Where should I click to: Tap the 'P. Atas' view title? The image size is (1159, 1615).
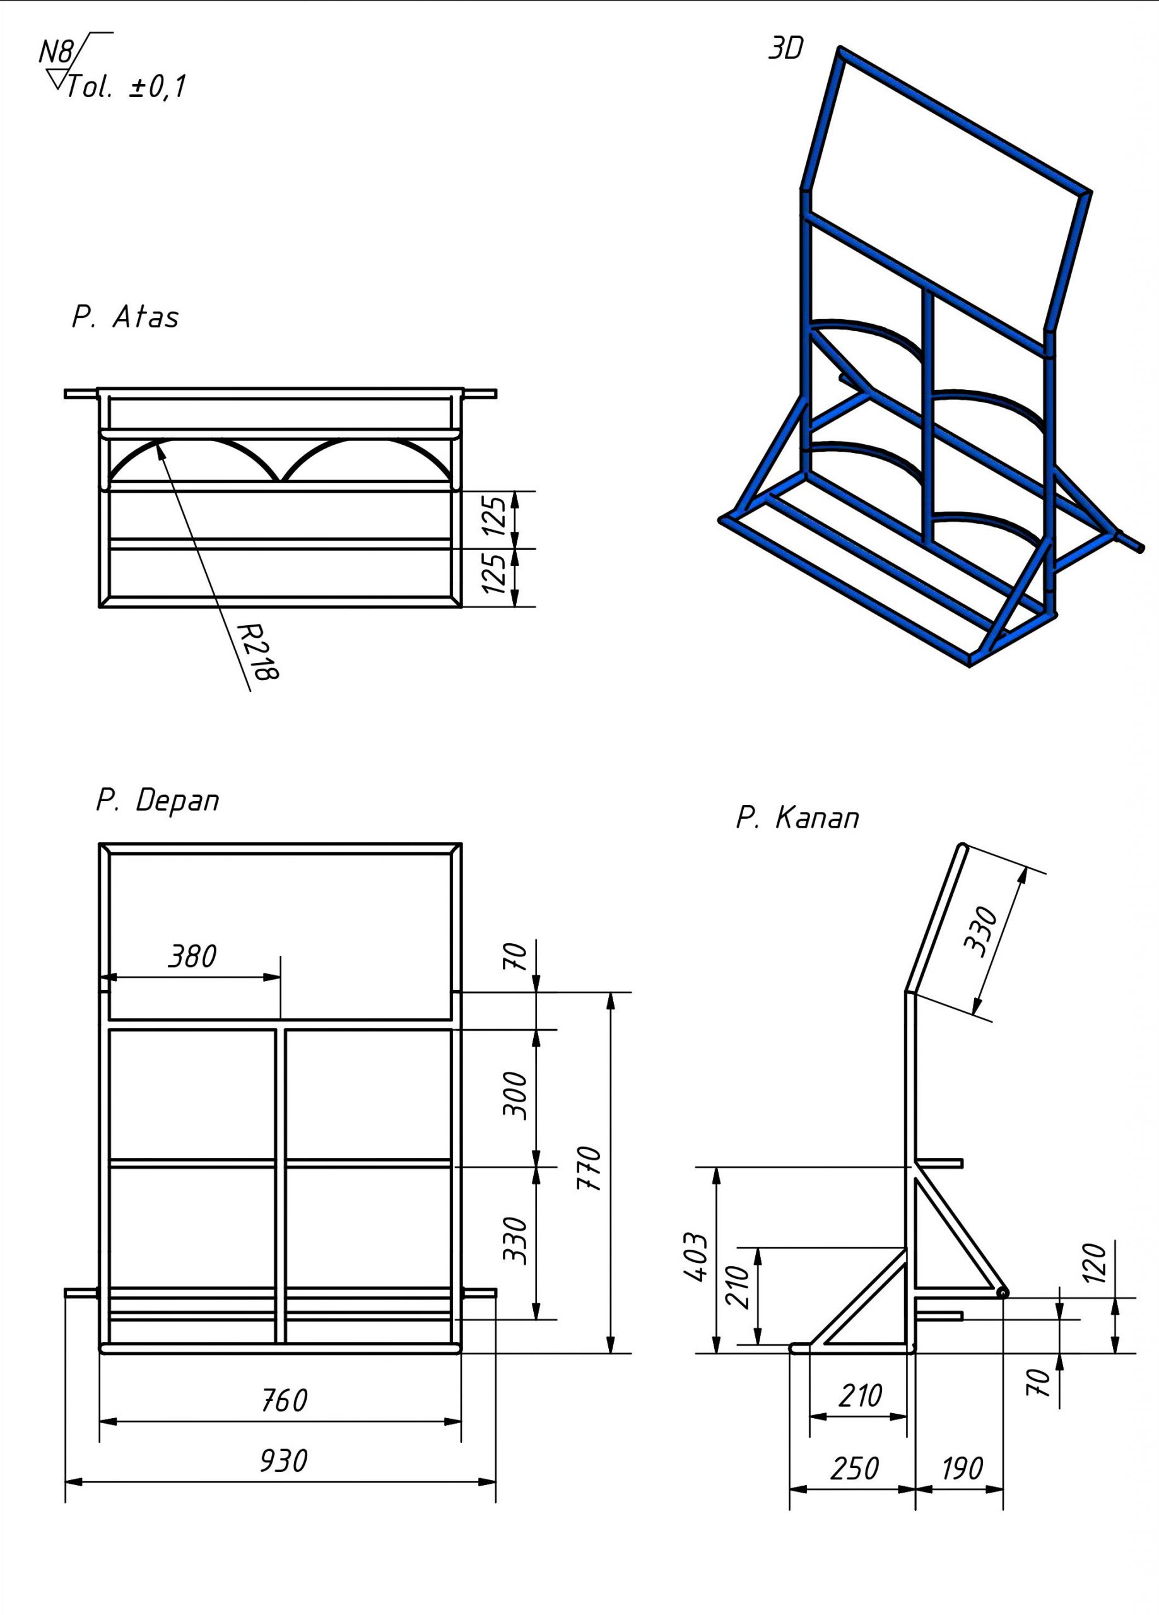(126, 317)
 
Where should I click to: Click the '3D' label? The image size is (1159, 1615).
(785, 49)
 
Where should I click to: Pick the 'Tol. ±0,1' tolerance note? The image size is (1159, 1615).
(127, 87)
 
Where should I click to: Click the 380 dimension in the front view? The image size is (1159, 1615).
(192, 957)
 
